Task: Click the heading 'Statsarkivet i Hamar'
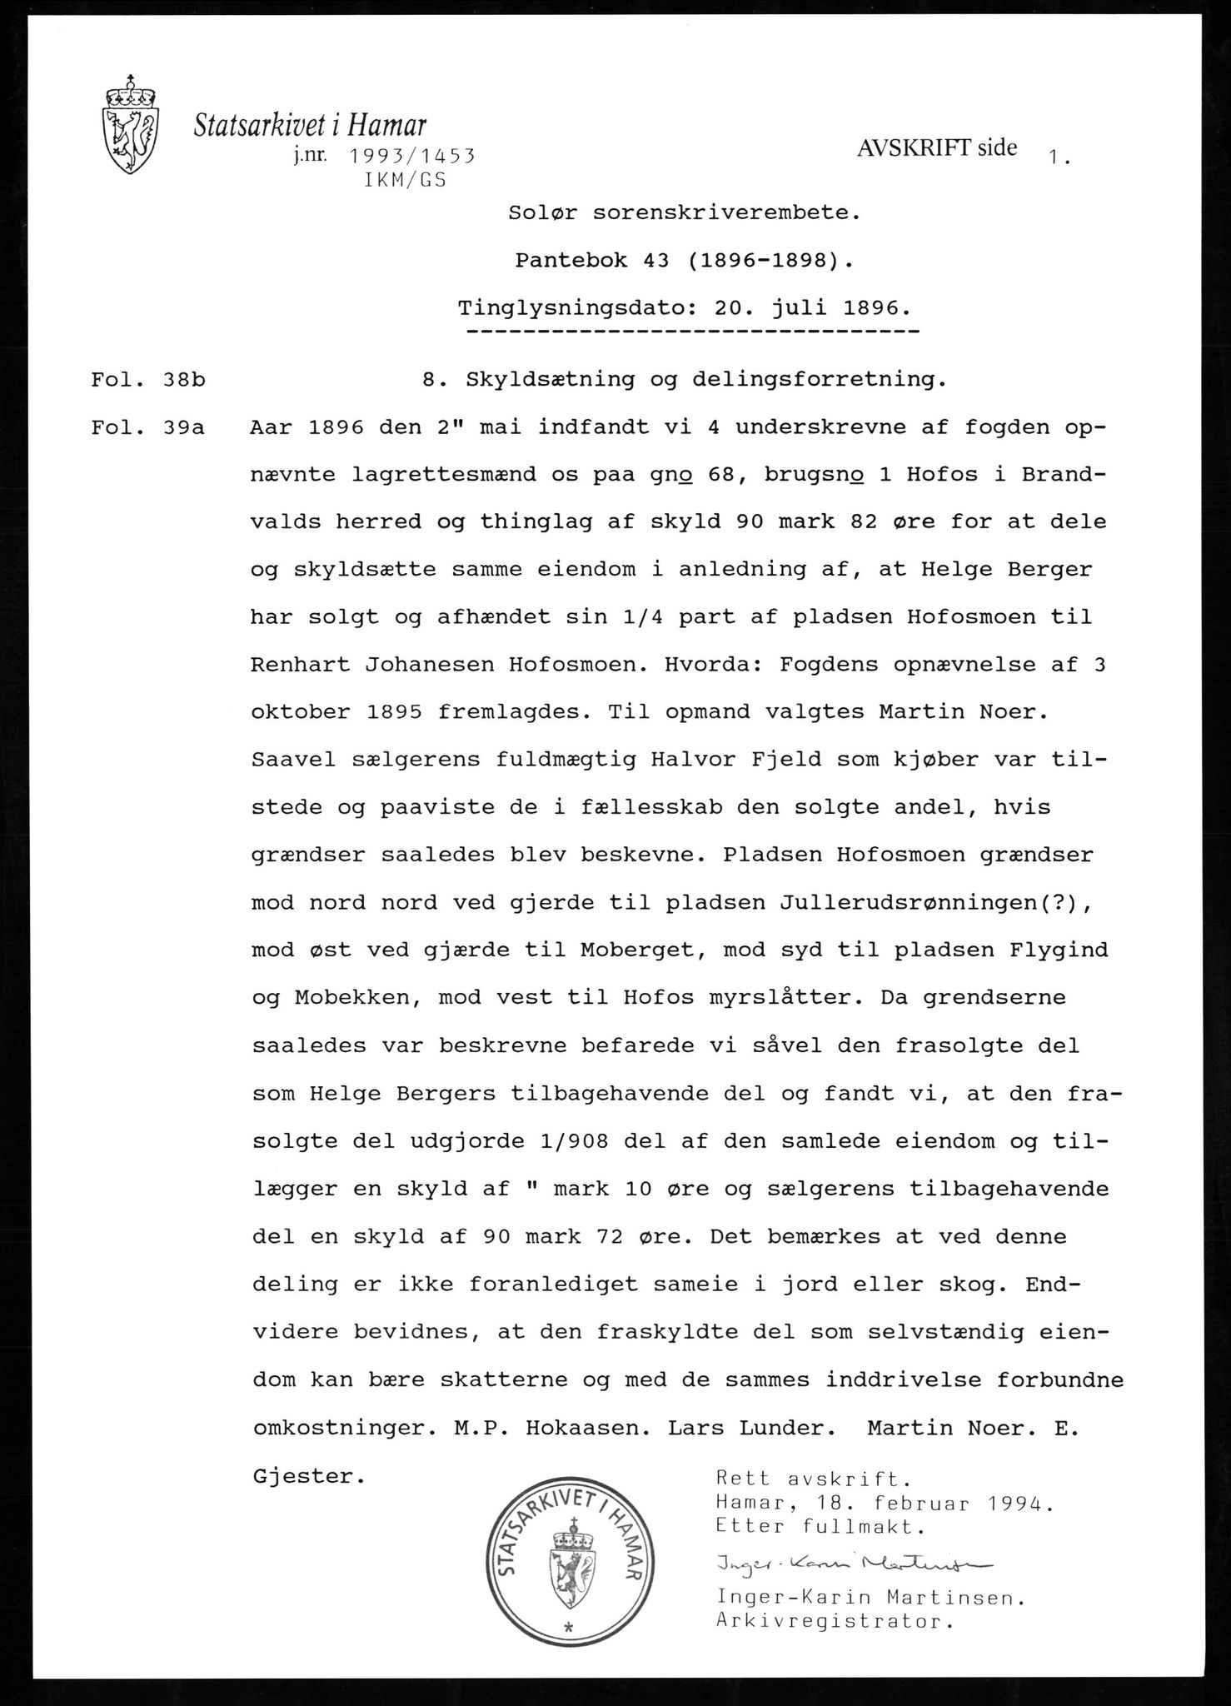310,125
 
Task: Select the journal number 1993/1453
411,156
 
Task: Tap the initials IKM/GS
406,180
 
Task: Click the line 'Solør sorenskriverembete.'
684,212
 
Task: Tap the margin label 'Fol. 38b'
148,380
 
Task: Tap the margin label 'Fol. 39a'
148,428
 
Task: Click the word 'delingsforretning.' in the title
820,380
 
